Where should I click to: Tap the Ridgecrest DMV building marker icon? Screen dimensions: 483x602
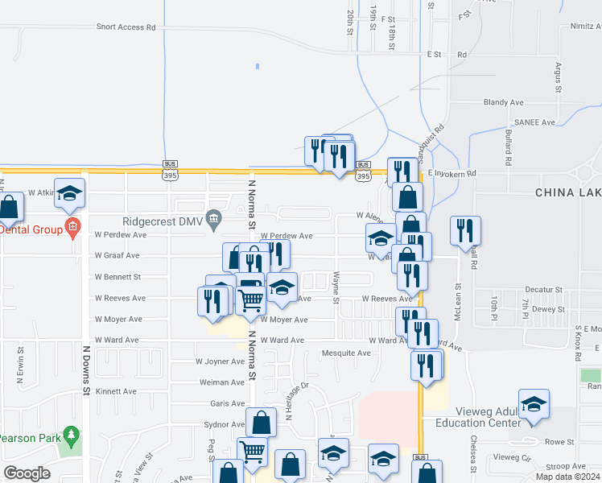[213, 217]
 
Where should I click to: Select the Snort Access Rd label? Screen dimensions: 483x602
[126, 27]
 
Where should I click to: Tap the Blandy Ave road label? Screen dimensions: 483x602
[503, 102]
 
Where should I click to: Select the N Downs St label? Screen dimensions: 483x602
[85, 370]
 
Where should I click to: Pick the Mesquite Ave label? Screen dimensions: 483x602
[345, 353]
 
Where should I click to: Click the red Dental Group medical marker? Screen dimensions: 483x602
[72, 227]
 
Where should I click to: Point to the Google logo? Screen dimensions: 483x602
[27, 473]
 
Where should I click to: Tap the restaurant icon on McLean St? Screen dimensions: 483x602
[464, 229]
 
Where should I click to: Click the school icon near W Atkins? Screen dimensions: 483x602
[69, 192]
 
